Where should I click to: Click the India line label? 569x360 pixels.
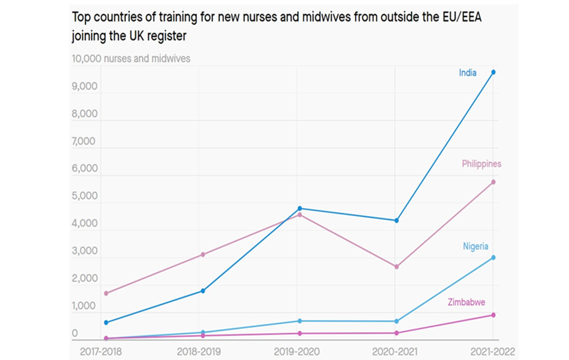tap(467, 73)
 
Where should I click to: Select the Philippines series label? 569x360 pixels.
tap(481, 164)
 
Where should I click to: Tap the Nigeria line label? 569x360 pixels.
tap(476, 246)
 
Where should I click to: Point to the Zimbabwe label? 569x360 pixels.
tap(466, 302)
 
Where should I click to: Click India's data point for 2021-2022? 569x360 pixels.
tap(493, 72)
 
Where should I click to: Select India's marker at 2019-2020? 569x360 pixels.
tap(299, 208)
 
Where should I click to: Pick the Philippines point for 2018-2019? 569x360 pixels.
tap(203, 254)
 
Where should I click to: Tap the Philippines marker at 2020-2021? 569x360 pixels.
tap(396, 267)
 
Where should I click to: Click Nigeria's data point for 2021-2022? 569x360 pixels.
tap(493, 257)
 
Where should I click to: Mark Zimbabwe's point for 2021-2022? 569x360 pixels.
tap(493, 315)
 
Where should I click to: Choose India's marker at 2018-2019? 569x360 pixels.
tap(203, 291)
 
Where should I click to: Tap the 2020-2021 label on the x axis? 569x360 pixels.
tap(396, 352)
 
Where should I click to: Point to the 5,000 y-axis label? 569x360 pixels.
tap(85, 195)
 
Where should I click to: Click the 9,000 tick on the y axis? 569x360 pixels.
tap(85, 86)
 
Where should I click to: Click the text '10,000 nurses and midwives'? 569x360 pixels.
tap(131, 58)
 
